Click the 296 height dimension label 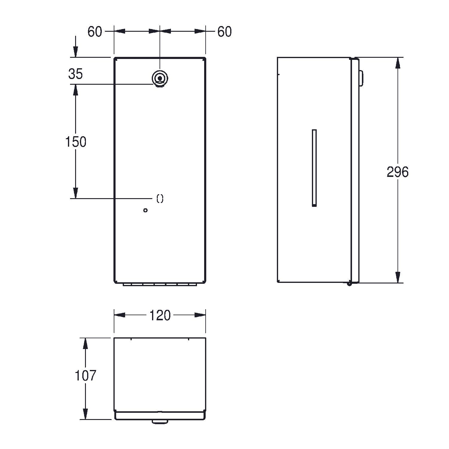pos(398,172)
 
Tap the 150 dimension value pos(76,142)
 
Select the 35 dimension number pos(75,74)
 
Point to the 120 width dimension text pos(160,315)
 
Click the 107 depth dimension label pos(85,376)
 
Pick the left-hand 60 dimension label pos(95,32)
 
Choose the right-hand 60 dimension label pos(224,32)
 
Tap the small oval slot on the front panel pos(160,198)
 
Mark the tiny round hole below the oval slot pos(145,210)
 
